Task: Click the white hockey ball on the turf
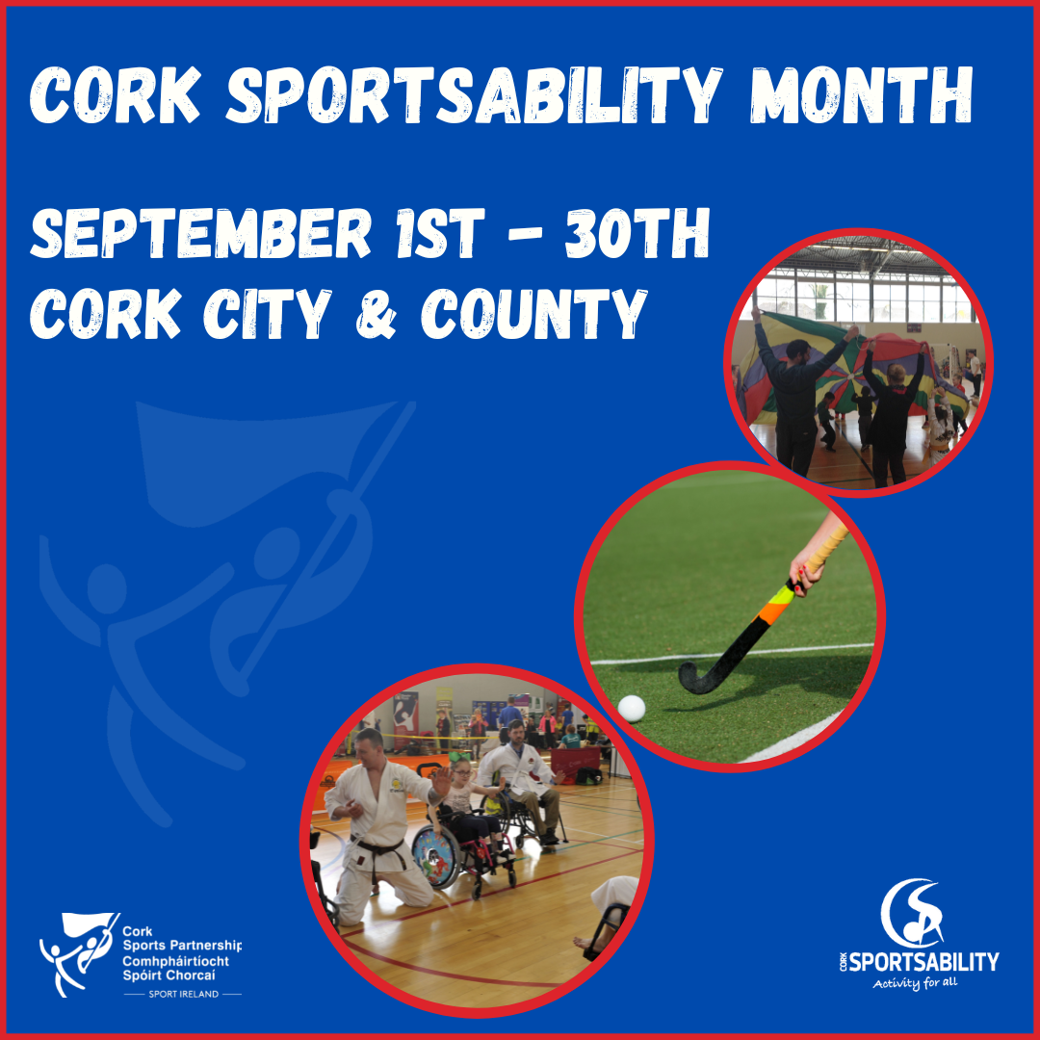(632, 709)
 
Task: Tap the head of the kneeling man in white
(369, 746)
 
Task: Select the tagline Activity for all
(915, 984)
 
